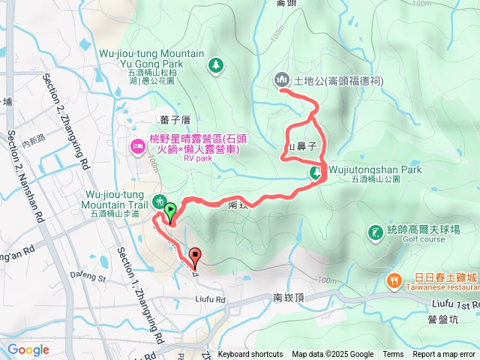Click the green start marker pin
pos(170,211)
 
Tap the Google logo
pos(28,349)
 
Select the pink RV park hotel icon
pos(137,144)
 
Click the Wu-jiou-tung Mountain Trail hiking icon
pos(159,201)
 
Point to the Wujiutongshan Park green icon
pos(316,174)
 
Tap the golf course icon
pos(374,233)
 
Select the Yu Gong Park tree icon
pos(215,65)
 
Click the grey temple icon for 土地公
pos(282,79)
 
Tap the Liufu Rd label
pos(210,280)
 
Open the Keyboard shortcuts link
pos(250,355)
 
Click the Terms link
pos(393,355)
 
